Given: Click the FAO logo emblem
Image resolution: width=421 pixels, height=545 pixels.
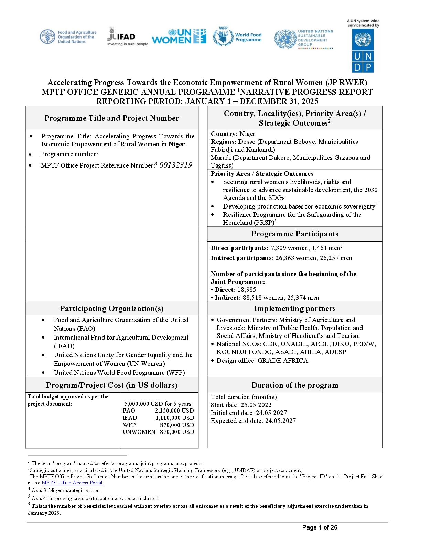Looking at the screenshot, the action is coord(47,36).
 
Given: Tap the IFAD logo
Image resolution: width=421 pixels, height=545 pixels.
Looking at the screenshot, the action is coord(128,36).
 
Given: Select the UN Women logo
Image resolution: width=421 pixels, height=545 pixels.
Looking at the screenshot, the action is coord(179,36).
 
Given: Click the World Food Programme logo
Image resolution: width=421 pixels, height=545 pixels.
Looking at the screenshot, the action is coord(237,36).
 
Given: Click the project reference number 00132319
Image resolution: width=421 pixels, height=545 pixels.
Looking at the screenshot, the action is coord(176,165).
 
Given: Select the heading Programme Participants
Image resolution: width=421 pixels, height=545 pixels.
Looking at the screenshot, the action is coord(295,234).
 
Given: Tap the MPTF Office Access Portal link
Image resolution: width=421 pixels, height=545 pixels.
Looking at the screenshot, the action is coord(73,483).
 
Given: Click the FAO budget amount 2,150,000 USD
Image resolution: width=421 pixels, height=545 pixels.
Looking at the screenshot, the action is coord(174,410).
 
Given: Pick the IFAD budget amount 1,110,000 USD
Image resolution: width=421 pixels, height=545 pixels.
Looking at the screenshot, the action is coord(175,418).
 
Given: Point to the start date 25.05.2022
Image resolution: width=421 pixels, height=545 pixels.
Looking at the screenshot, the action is coord(256,405).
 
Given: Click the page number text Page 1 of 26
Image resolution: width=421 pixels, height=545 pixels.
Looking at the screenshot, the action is coord(320,527).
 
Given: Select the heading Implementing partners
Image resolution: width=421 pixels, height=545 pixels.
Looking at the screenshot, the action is coord(295,309).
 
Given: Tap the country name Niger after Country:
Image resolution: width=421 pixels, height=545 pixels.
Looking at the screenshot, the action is coord(248,134).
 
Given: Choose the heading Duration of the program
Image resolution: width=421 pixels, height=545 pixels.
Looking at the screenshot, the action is coord(295,385).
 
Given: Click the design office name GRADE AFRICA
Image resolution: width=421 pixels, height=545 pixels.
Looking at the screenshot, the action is coord(283,360).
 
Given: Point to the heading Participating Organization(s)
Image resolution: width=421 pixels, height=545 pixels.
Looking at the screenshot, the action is coord(112,309).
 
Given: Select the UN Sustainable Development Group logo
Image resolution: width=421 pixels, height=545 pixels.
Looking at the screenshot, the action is coord(304,39).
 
